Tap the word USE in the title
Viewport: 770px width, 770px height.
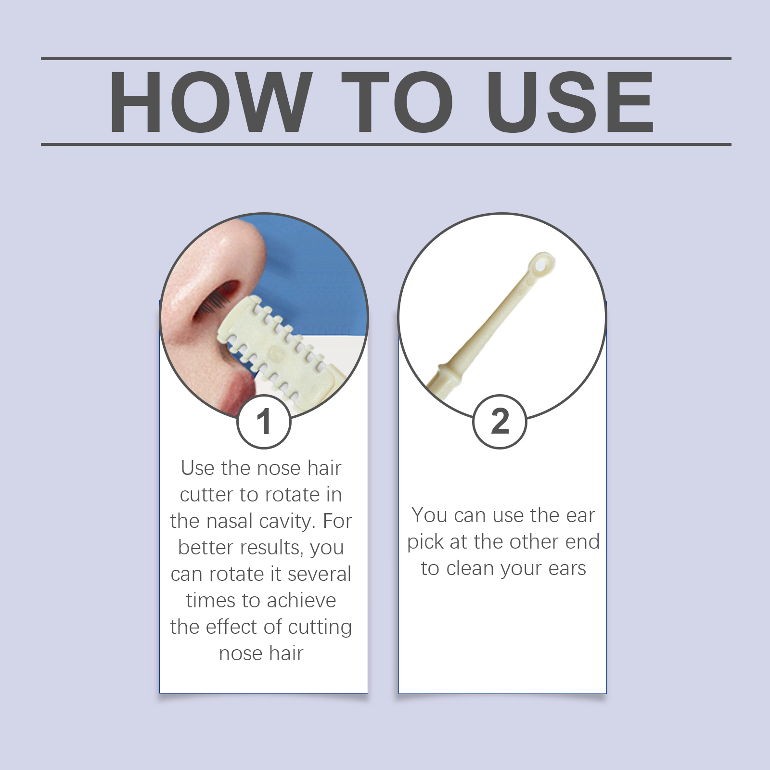(570, 102)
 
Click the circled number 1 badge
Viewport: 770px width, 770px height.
(264, 422)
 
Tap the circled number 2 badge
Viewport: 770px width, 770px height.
(500, 422)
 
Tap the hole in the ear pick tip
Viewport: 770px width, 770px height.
(539, 264)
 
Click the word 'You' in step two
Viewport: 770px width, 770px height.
(429, 515)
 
